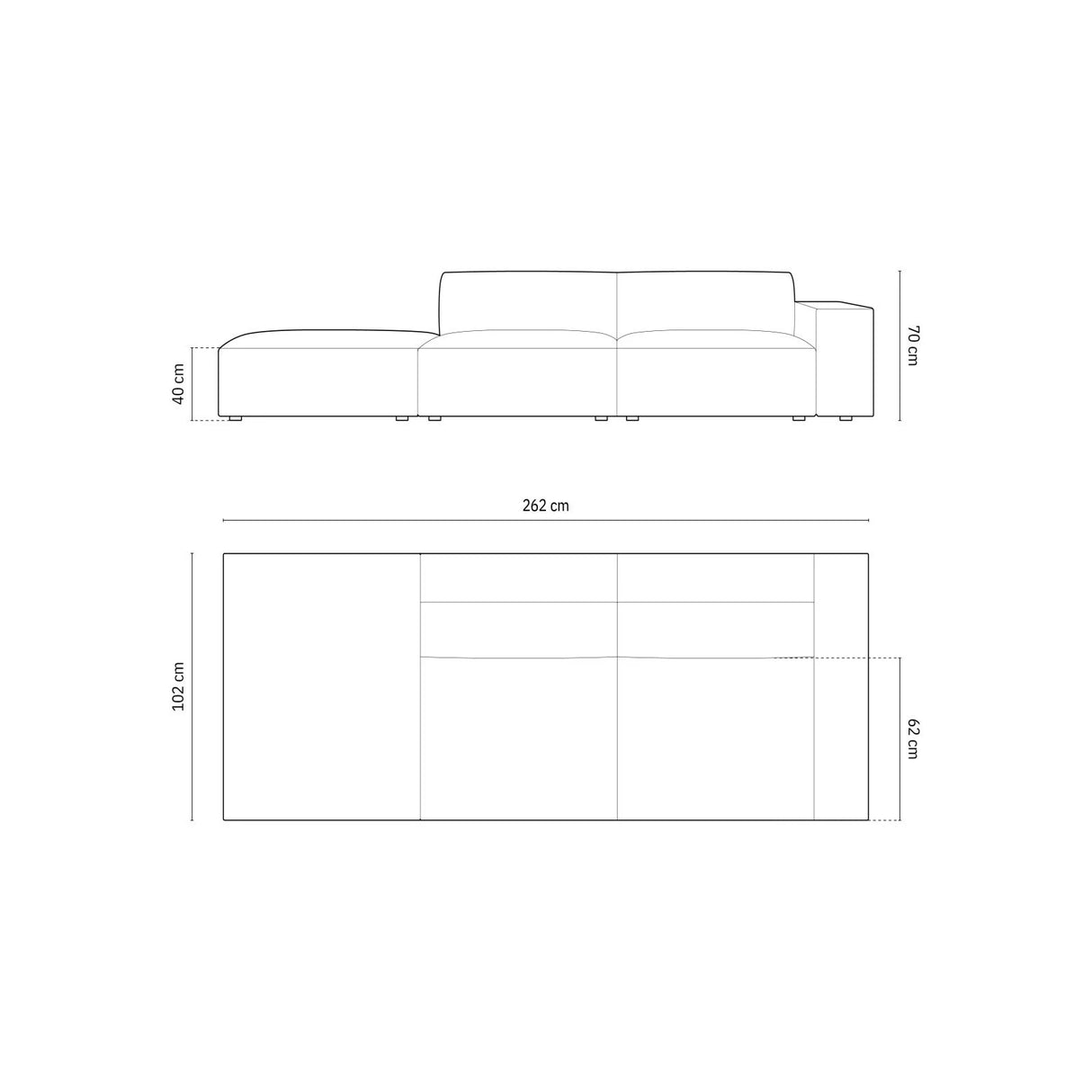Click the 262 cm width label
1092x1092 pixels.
pyautogui.click(x=545, y=506)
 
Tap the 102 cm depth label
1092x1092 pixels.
pyautogui.click(x=178, y=687)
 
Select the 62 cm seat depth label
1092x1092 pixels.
pyautogui.click(x=912, y=738)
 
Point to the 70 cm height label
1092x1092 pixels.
pyautogui.click(x=912, y=345)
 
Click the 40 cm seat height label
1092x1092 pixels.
pyautogui.click(x=178, y=383)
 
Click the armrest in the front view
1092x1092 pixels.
pyautogui.click(x=842, y=360)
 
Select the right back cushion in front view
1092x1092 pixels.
pyautogui.click(x=703, y=302)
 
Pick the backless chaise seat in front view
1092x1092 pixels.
pyautogui.click(x=319, y=378)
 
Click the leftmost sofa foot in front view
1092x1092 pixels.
pyautogui.click(x=236, y=418)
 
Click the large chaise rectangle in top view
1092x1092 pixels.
pyautogui.click(x=321, y=687)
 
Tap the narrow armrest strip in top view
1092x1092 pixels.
pyautogui.click(x=840, y=687)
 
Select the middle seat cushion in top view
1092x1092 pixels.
pyautogui.click(x=518, y=738)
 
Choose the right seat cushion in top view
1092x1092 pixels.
pyautogui.click(x=715, y=738)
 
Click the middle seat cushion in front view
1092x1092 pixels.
pyautogui.click(x=518, y=378)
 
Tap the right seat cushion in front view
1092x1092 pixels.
pyautogui.click(x=715, y=378)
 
